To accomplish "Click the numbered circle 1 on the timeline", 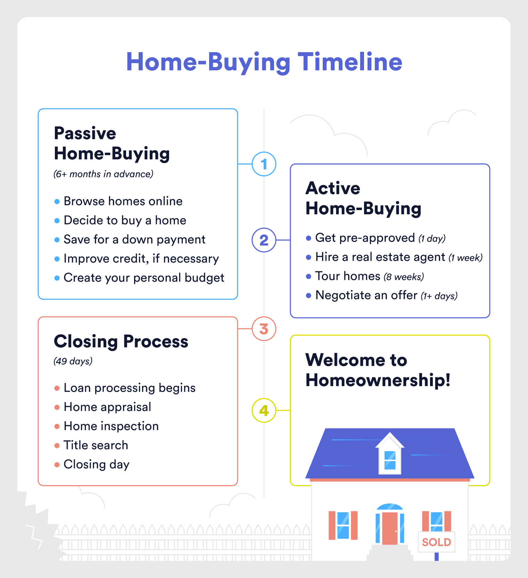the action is coord(264,164).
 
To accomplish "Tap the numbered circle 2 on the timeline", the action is coord(264,240).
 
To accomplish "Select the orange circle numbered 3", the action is coord(264,329).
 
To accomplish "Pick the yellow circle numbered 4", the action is coord(264,410).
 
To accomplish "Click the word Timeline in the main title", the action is coord(350,62).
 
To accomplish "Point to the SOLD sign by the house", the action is coord(436,542).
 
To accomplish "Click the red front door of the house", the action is coord(390,528).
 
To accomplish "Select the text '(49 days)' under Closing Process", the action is coord(73,361).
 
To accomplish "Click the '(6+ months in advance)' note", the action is coord(104,174).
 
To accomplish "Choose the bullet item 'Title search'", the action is coord(96,445).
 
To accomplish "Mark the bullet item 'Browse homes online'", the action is coord(123,201).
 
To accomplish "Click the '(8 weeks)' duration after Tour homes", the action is coord(404,277).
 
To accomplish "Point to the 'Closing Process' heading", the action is coord(121,341).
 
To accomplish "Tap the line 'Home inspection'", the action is coord(111,426).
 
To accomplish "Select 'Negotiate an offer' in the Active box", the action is coord(366,295).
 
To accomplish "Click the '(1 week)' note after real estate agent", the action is coord(465,258).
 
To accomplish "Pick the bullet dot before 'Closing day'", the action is coord(57,465).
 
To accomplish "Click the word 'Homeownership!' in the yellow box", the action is coord(378,380).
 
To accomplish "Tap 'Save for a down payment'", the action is coord(134,239).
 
